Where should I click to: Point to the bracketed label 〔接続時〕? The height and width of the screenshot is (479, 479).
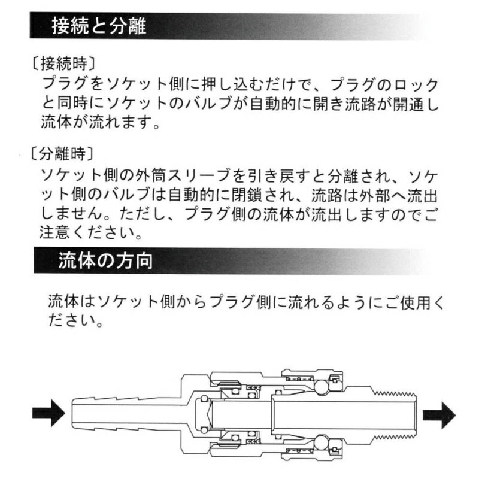63,62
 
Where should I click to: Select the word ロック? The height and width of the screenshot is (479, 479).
419,84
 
